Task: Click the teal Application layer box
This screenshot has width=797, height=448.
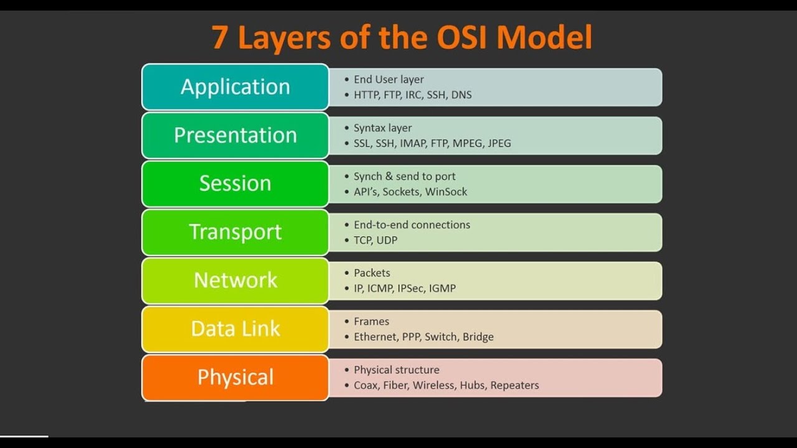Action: point(235,87)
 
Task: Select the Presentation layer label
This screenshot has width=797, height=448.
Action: point(235,135)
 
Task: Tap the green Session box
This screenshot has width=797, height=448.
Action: point(235,184)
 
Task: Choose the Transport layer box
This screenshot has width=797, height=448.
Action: point(235,232)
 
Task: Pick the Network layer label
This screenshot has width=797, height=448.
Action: point(235,280)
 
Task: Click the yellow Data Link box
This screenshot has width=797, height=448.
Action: point(235,329)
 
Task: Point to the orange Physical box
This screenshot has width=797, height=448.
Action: point(235,377)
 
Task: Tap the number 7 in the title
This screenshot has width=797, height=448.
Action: point(219,37)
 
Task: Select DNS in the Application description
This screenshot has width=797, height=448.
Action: point(461,95)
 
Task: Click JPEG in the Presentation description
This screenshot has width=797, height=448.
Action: point(499,144)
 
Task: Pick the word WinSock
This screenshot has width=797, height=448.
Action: point(446,192)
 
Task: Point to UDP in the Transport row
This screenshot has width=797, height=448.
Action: point(387,240)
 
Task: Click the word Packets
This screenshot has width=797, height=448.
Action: point(372,273)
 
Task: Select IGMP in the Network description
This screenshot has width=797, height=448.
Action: point(442,289)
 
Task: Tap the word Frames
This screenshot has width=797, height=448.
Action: point(371,322)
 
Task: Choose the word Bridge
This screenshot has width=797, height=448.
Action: point(478,337)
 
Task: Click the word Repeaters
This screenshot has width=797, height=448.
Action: point(514,386)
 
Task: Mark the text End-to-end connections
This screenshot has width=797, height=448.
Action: point(412,225)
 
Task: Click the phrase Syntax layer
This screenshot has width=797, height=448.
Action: point(382,128)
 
